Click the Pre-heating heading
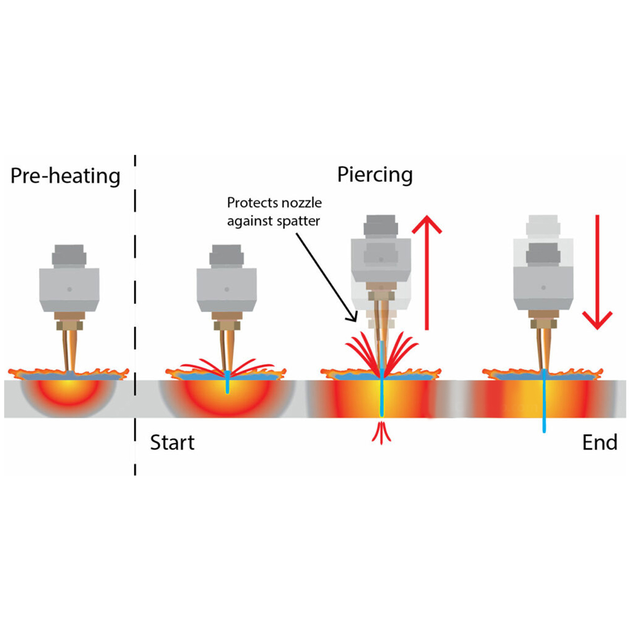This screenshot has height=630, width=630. (65, 176)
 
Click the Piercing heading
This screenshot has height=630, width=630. (375, 175)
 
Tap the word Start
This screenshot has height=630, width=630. (172, 443)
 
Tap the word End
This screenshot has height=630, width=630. (600, 443)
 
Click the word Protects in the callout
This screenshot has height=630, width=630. (251, 203)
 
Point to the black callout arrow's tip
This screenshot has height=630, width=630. (355, 320)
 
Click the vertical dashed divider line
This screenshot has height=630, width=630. (135, 315)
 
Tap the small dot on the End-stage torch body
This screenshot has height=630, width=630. (543, 287)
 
